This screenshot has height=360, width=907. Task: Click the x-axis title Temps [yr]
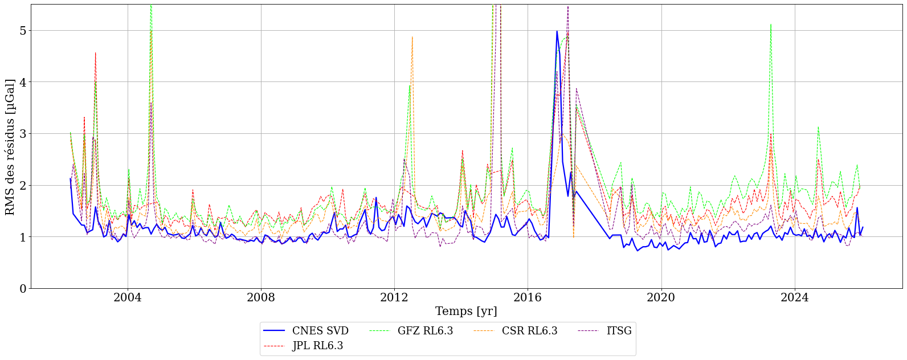pyautogui.click(x=466, y=312)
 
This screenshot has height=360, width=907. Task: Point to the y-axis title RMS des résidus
pyautogui.click(x=10, y=146)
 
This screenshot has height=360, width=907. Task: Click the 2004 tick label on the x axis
pyautogui.click(x=128, y=297)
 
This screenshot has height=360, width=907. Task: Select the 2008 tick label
pyautogui.click(x=261, y=297)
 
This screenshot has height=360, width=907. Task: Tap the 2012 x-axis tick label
pyautogui.click(x=394, y=297)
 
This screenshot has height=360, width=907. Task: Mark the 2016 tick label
pyautogui.click(x=528, y=297)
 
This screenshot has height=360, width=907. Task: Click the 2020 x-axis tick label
pyautogui.click(x=661, y=297)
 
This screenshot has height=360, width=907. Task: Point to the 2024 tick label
pyautogui.click(x=794, y=297)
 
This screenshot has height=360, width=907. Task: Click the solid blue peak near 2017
pyautogui.click(x=557, y=31)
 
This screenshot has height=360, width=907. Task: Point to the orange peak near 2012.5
pyautogui.click(x=412, y=37)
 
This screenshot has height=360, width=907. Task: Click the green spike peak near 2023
pyautogui.click(x=770, y=24)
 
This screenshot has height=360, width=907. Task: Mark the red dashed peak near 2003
pyautogui.click(x=95, y=52)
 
